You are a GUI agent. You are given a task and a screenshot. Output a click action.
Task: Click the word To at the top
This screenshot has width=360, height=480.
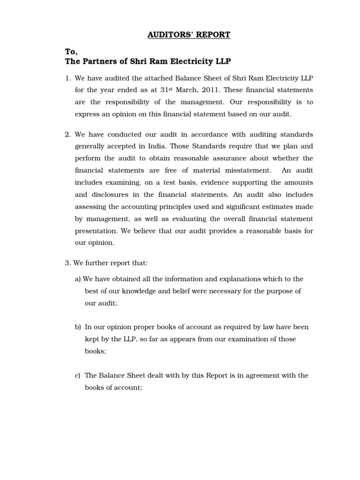tap(71, 52)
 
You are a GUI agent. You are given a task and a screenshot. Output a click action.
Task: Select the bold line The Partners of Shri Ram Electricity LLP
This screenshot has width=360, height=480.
tap(148, 62)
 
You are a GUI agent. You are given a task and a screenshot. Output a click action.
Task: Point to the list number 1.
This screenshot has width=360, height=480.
tap(67, 77)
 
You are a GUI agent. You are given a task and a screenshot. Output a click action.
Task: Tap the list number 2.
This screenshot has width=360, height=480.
tap(67, 135)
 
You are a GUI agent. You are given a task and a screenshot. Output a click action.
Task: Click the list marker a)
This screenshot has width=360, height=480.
tap(78, 279)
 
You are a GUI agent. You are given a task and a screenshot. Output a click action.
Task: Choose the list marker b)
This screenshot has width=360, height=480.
tap(78, 327)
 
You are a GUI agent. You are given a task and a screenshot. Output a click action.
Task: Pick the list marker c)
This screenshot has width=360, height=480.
tap(78, 375)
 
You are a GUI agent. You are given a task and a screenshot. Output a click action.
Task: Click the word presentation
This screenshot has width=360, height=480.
tap(96, 231)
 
